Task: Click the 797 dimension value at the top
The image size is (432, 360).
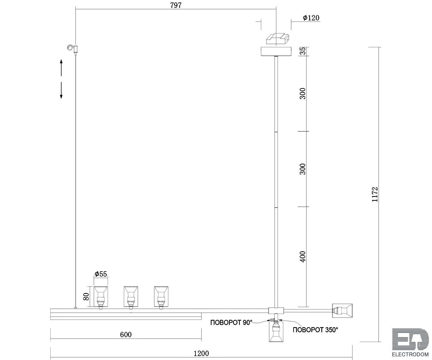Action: [176, 5]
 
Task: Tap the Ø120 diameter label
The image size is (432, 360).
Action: [311, 18]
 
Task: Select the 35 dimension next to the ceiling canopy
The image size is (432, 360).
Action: [302, 51]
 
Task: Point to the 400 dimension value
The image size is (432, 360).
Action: [302, 257]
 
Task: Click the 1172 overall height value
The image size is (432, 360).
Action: [375, 194]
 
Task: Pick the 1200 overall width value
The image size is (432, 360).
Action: [201, 353]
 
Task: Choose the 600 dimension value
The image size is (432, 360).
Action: [126, 335]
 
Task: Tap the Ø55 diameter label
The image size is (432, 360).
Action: [101, 274]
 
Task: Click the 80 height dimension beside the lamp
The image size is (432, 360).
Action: [86, 297]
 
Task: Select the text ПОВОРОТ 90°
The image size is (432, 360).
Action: [231, 322]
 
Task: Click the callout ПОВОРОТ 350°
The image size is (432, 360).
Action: [315, 330]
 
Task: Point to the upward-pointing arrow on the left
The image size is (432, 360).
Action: [61, 68]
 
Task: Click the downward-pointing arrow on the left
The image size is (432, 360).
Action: [61, 91]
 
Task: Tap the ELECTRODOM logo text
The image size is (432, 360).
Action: [410, 355]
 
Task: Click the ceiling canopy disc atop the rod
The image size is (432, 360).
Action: [276, 52]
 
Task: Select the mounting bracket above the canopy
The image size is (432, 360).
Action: [277, 39]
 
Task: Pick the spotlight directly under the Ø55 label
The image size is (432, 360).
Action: [101, 297]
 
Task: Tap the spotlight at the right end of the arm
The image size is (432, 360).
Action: [342, 311]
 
